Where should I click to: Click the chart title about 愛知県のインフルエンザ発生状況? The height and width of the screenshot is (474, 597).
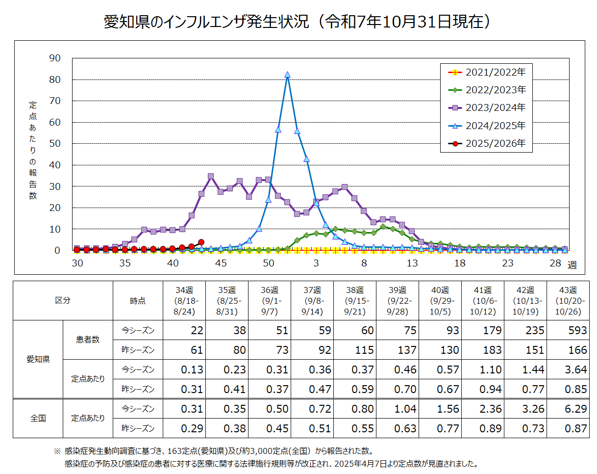pos(298,22)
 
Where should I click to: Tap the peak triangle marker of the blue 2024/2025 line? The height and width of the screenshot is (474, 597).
pos(287,75)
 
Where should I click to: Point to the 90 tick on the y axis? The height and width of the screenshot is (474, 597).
pos(55,58)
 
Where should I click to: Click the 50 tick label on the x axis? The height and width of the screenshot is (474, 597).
pos(268,263)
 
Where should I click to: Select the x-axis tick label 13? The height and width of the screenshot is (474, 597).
pos(412,263)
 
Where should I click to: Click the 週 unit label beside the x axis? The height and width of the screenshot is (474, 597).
pos(572,265)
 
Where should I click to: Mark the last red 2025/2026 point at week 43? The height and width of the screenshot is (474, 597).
pos(201,242)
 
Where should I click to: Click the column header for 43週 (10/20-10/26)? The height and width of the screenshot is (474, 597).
pos(568,301)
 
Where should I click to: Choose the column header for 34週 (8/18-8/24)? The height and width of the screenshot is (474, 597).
pos(184,301)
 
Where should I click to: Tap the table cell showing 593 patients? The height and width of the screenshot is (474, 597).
pos(577,330)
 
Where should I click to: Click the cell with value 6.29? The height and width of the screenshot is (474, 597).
pos(577,409)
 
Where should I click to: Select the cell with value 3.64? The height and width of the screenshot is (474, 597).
pos(577,369)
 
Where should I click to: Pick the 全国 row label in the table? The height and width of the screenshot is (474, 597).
pos(38,419)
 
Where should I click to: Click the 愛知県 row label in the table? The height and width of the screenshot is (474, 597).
pos(38,359)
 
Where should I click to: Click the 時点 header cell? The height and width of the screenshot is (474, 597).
pos(138,301)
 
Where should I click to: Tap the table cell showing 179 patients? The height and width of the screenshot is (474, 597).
pos(492,330)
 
